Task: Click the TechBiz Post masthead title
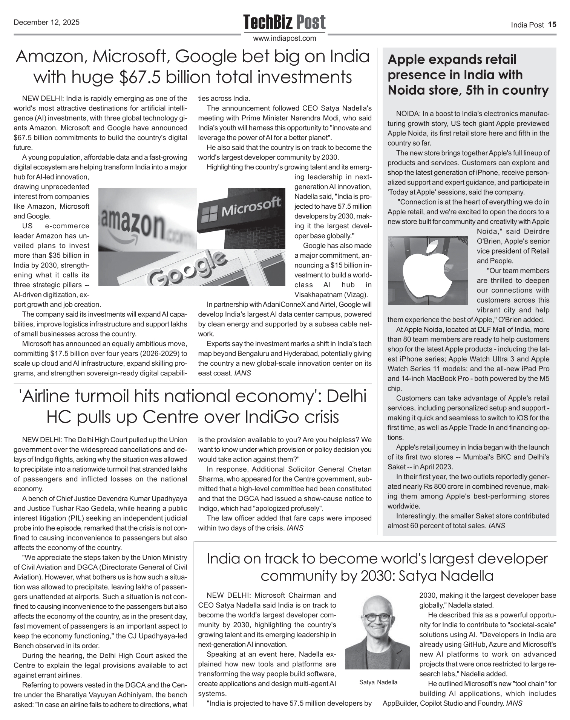[284, 22]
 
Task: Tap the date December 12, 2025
[46, 22]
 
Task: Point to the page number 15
[552, 25]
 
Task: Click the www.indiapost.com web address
[285, 38]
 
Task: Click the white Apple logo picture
[427, 270]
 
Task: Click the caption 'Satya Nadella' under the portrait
[378, 682]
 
